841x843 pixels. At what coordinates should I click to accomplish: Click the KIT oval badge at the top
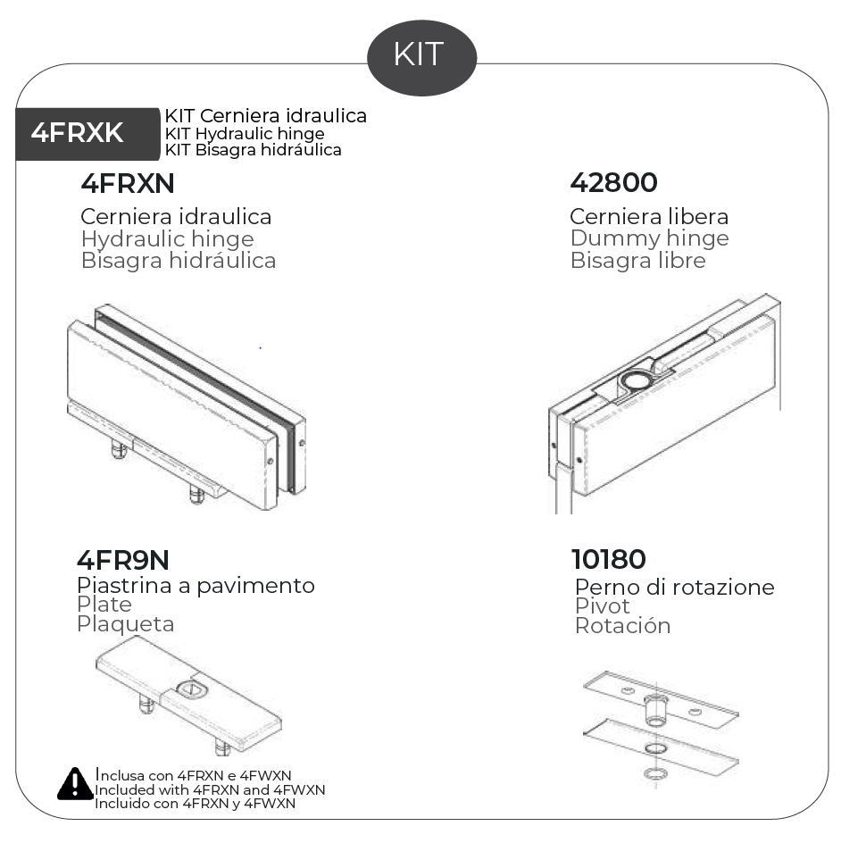pos(421,54)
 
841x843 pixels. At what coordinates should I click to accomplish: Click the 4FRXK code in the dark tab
pos(77,134)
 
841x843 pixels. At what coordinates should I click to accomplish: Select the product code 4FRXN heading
pos(127,183)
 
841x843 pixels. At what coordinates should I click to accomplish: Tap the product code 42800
pos(613,183)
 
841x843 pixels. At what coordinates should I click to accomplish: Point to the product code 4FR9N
pos(122,560)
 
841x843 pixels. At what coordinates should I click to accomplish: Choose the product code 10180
pos(608,560)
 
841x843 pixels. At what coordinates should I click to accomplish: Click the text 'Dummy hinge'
pos(649,238)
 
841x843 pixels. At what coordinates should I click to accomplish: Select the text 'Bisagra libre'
pos(637,261)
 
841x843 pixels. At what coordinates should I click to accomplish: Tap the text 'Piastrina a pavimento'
pos(196,586)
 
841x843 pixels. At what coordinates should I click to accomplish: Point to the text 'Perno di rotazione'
pos(674,588)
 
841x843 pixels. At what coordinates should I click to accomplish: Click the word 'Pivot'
pos(602,606)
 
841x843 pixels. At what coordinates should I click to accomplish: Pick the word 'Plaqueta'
pos(125,624)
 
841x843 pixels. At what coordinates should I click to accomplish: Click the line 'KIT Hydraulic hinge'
pos(244,134)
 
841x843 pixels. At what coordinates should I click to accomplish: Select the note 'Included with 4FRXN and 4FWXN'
pos(210,790)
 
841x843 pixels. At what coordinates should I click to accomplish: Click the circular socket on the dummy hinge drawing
pos(636,383)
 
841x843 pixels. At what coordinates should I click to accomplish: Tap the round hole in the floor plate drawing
pos(191,690)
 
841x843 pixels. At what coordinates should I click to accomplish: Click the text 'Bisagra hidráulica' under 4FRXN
pos(178,261)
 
